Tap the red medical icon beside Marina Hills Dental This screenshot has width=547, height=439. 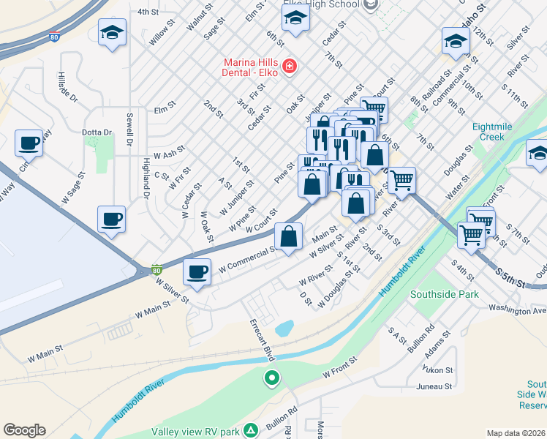pyautogui.click(x=290, y=67)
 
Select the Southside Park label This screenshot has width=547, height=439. pyautogui.click(x=443, y=294)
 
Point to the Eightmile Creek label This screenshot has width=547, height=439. pyautogui.click(x=498, y=132)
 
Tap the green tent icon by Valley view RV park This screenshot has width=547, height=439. pyautogui.click(x=251, y=430)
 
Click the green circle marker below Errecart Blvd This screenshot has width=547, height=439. pyautogui.click(x=272, y=378)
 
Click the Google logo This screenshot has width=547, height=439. pyautogui.click(x=24, y=430)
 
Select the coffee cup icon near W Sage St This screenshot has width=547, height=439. pyautogui.click(x=29, y=143)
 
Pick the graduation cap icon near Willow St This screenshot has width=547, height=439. pyautogui.click(x=112, y=33)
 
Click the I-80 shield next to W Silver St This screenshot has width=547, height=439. pyautogui.click(x=156, y=270)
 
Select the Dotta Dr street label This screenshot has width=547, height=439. pyautogui.click(x=97, y=132)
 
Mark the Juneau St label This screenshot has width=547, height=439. pyautogui.click(x=434, y=386)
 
